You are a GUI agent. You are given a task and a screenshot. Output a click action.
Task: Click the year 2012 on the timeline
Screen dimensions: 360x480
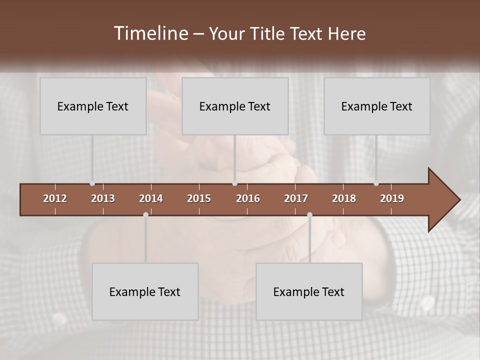point(55,198)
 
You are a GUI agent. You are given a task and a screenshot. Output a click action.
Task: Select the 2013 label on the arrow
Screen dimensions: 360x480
point(103,198)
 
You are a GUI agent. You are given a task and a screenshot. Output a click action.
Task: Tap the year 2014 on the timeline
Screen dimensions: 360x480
point(151,198)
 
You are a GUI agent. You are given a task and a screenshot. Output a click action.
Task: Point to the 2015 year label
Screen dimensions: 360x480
point(199,198)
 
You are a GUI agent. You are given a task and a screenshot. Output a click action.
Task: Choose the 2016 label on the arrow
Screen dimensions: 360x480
point(248,198)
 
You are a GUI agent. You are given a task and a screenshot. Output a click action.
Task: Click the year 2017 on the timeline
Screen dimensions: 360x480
point(296,198)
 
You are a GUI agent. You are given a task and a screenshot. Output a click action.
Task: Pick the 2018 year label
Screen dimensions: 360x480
point(344,198)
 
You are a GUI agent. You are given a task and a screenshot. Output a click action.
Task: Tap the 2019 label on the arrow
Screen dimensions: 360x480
point(392,198)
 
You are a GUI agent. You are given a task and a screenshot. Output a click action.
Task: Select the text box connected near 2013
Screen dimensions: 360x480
point(93,106)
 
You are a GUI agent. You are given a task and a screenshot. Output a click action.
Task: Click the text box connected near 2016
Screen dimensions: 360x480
point(235,106)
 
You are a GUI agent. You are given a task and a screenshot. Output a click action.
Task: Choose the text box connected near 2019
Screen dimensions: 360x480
point(377,106)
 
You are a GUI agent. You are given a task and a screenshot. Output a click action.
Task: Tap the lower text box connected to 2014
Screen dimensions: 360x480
point(145,291)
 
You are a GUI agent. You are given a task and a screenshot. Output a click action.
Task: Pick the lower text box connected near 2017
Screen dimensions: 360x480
point(309,291)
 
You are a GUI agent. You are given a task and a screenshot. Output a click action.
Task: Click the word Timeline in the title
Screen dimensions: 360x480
point(150,33)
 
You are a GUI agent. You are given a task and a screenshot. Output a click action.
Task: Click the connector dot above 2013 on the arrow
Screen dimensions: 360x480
point(92,183)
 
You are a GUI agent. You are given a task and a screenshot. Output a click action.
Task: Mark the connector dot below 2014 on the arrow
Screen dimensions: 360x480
point(145,215)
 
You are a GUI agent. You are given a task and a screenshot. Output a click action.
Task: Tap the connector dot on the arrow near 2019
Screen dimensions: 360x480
point(376,183)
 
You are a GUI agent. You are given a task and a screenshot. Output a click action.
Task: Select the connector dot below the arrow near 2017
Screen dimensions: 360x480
point(309,215)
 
